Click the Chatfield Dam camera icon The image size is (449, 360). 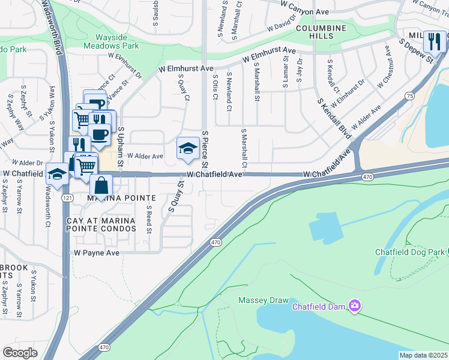tap(355, 307)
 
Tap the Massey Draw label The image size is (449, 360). tap(264, 300)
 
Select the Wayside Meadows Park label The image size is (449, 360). tap(111, 41)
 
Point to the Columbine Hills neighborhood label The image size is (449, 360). tap(321, 32)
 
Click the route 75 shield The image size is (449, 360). tap(409, 96)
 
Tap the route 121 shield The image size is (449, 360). tap(67, 197)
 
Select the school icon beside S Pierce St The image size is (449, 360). tap(188, 148)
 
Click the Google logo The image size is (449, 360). tap(20, 353)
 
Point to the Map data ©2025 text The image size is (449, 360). tap(423, 355)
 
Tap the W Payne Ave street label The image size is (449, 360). tap(97, 253)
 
